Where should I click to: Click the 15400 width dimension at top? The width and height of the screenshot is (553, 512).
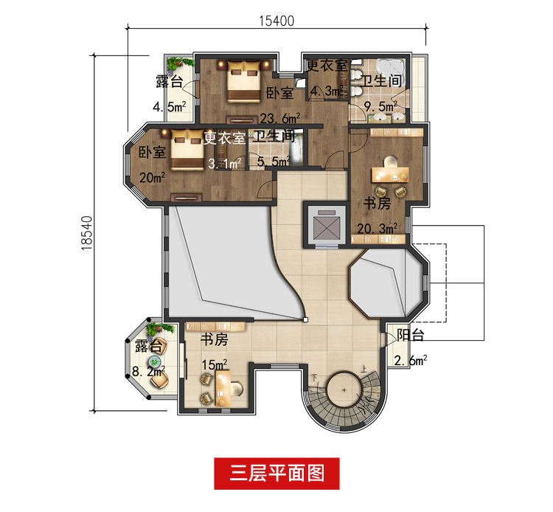coord(276,21)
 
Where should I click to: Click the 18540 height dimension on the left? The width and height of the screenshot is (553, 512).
coord(88,235)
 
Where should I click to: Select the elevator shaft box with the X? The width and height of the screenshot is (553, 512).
coord(325,222)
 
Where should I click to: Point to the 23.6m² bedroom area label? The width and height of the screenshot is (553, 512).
coord(280,118)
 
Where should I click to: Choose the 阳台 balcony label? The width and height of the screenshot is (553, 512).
coord(408,336)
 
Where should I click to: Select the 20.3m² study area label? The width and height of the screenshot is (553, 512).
coord(378,227)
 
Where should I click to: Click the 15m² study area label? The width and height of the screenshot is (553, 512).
coord(215,363)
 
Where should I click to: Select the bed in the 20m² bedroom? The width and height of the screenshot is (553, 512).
coord(186,151)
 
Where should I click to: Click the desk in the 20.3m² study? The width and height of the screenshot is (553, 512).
coord(386,173)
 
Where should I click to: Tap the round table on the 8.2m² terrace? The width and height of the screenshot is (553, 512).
coord(156,361)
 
